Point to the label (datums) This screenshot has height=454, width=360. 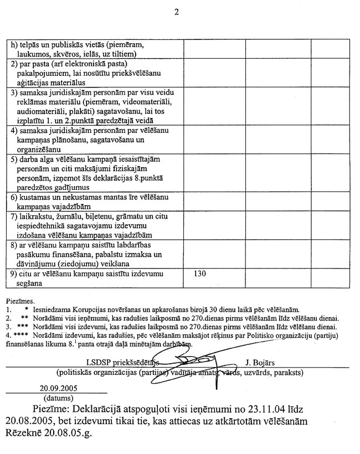[x=59, y=397]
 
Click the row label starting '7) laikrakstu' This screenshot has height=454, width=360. [x=91, y=224]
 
